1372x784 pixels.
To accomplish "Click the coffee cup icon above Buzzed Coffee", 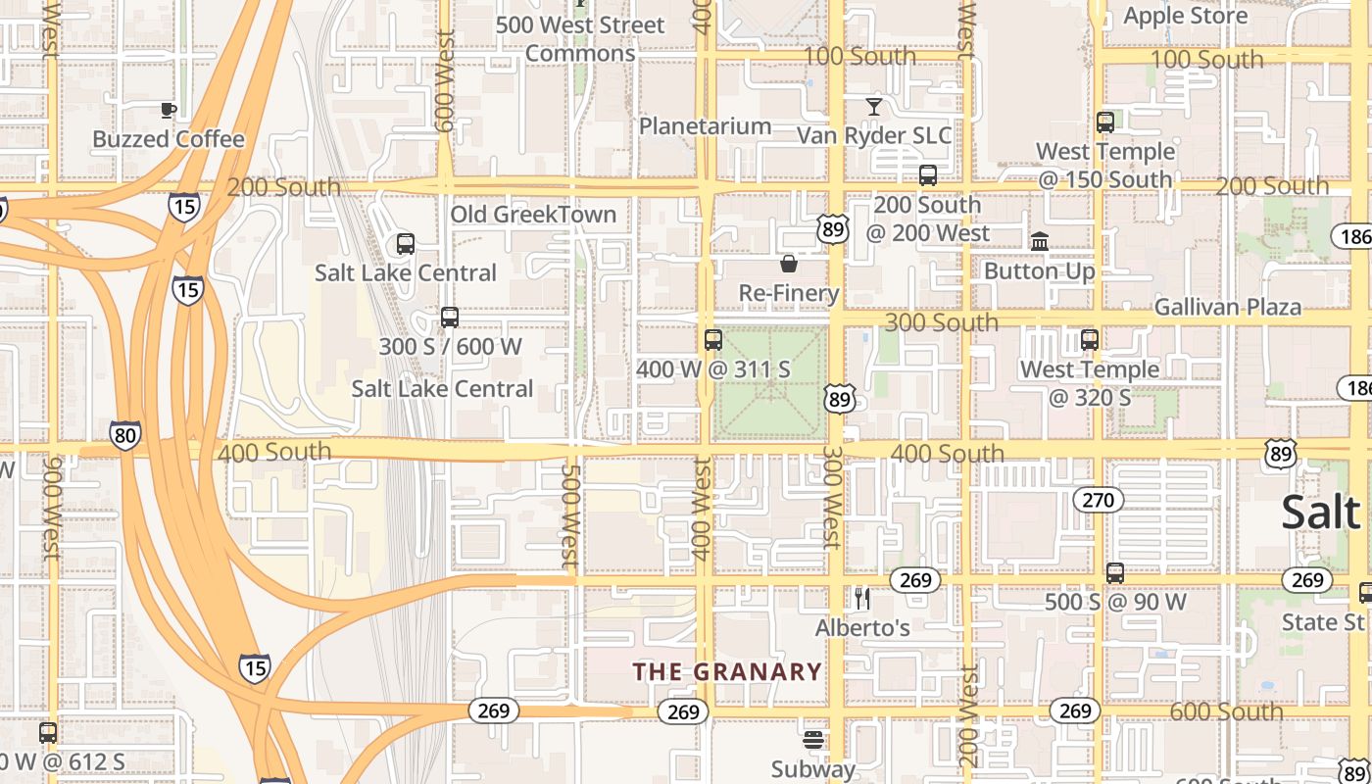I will click(x=168, y=109).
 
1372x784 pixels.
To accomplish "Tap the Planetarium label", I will click(x=705, y=126).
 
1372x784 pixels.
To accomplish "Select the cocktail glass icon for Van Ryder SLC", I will click(x=874, y=106).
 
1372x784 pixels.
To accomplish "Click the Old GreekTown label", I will click(x=533, y=215).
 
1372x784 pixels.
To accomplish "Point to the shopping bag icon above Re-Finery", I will click(x=788, y=264).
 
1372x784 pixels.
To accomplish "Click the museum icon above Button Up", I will click(x=1039, y=241).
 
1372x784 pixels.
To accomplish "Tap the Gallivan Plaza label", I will click(x=1227, y=307).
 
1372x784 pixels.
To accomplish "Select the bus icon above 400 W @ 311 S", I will click(x=713, y=340).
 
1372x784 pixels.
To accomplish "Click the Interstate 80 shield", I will click(x=124, y=434).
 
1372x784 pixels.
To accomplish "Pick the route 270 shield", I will click(x=1098, y=501).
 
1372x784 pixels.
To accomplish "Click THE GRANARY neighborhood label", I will click(x=726, y=671).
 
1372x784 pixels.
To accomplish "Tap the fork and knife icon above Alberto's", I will click(x=862, y=598).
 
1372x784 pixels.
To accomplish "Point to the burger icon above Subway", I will click(x=812, y=739).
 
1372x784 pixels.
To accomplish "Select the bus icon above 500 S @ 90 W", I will click(x=1115, y=572).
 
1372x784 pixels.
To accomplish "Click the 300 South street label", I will click(x=941, y=322).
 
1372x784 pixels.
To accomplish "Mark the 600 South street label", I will click(x=1225, y=711).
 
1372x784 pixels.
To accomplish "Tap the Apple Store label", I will click(x=1185, y=16).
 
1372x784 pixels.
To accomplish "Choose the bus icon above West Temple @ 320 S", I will click(x=1090, y=340).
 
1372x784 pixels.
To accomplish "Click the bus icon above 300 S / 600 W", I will click(x=450, y=318).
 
